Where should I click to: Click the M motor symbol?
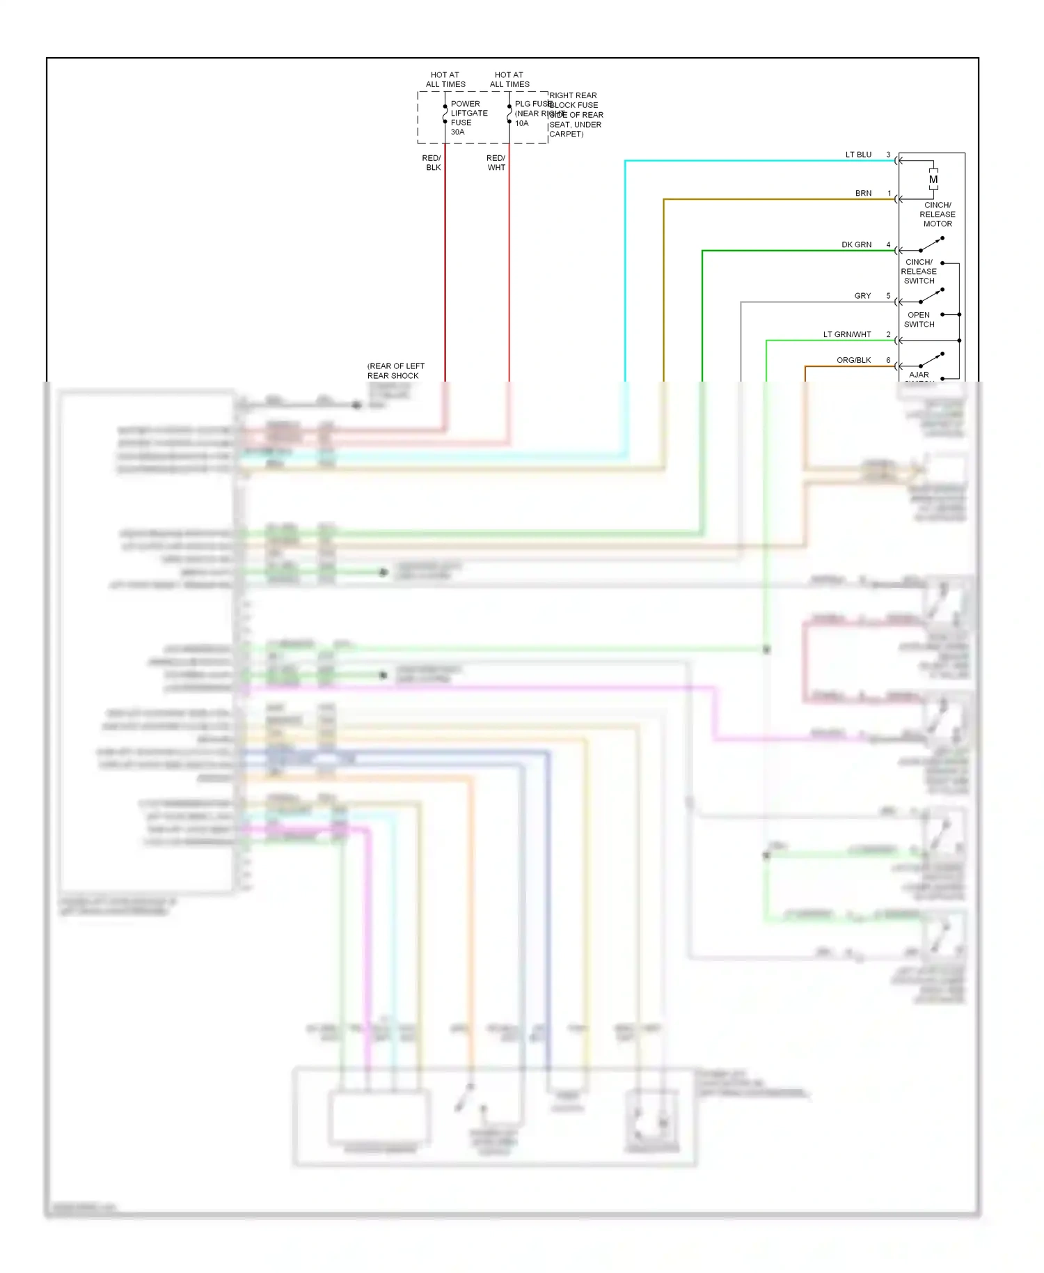pos(933,180)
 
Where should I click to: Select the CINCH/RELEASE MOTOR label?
pos(938,214)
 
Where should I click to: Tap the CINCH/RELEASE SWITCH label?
pos(919,272)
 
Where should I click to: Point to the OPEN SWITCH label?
pos(919,320)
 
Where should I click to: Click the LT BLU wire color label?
pos(858,155)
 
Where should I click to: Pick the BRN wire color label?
pos(863,194)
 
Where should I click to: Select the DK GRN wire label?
pos(856,245)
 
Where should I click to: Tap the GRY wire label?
pos(862,296)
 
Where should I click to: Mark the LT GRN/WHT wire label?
pos(847,335)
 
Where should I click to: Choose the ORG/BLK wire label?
pos(853,361)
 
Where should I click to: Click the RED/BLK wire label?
pos(432,163)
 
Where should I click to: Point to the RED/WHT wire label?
pos(496,163)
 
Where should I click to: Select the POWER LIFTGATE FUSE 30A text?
pos(468,118)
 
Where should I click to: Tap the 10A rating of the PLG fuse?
pos(521,123)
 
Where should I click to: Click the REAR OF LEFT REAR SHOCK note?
pos(395,371)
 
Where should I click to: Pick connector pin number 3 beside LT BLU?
pos(888,155)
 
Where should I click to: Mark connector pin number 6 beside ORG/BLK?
pos(888,361)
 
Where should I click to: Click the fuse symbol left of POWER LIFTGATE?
pos(445,114)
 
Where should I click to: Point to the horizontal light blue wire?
pos(759,161)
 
